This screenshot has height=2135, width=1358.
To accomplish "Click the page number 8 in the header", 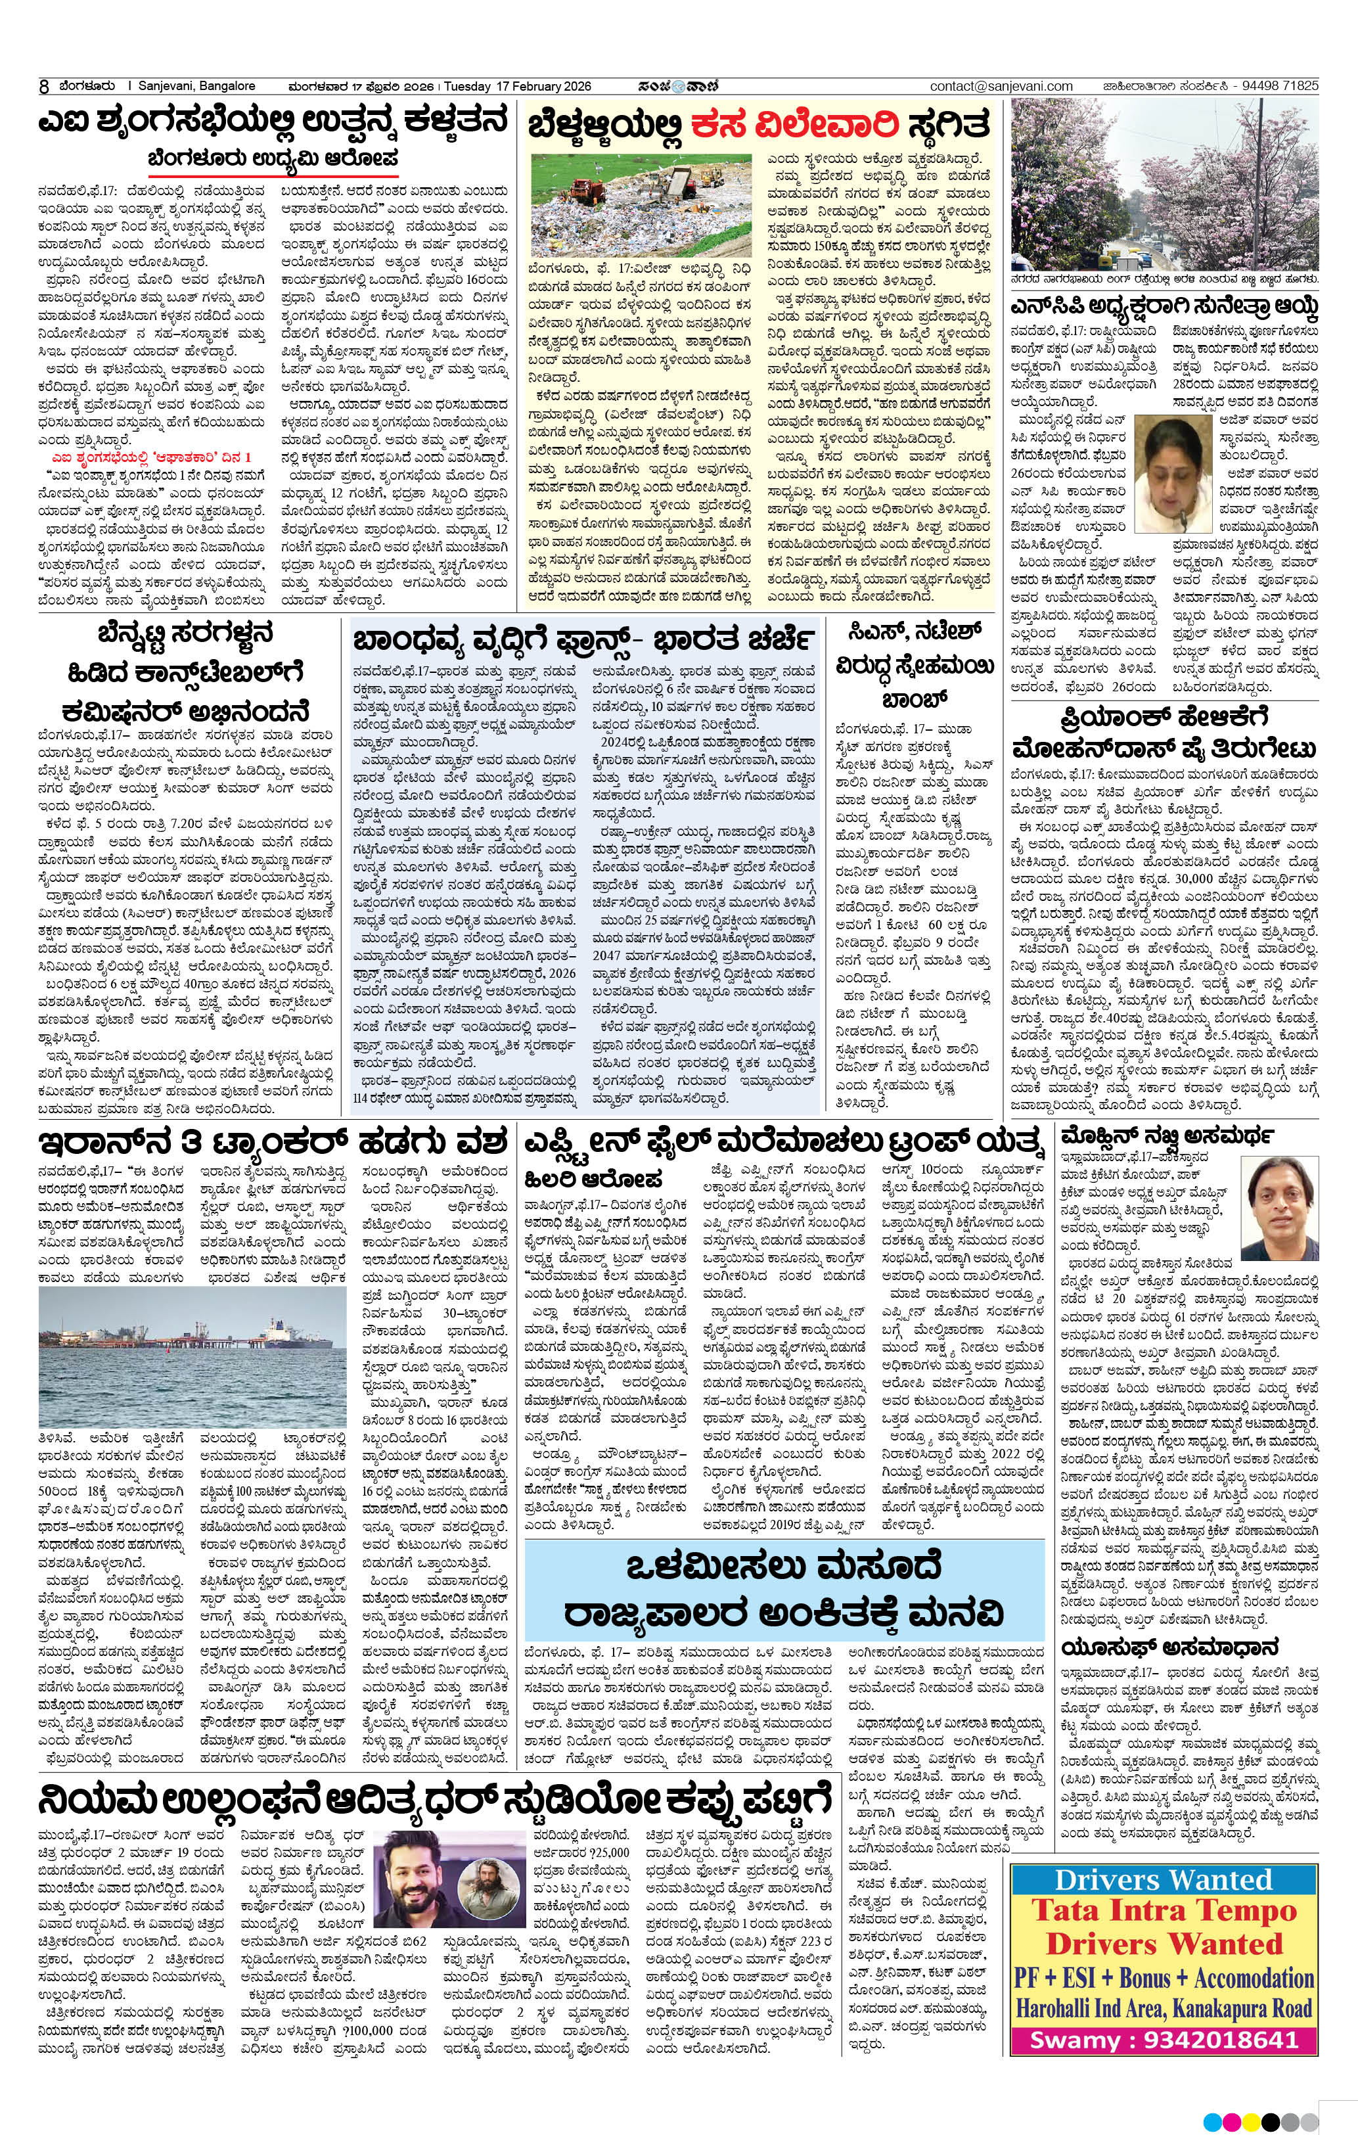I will (43, 87).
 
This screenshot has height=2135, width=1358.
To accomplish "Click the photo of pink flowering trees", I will (1165, 183).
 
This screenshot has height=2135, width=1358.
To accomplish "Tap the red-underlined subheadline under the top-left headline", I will (274, 159).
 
